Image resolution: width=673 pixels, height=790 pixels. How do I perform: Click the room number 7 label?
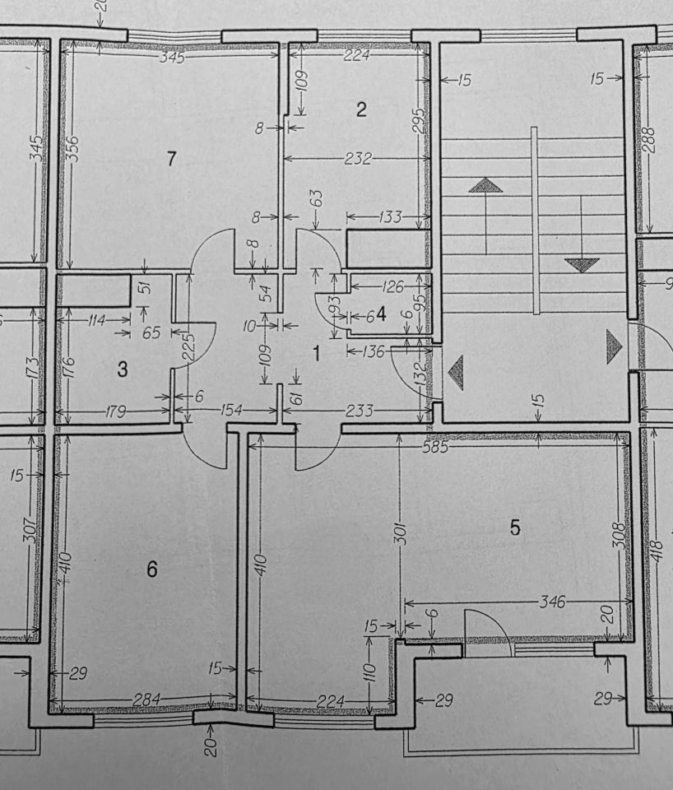[x=171, y=159]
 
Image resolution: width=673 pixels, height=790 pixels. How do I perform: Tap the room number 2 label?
[x=360, y=109]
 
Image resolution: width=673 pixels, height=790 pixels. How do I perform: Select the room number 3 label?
[x=122, y=369]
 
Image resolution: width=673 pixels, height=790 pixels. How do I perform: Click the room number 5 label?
[x=515, y=527]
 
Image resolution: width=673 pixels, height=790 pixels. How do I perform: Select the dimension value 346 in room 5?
[x=553, y=602]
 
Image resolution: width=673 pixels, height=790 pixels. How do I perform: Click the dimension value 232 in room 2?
[x=357, y=158]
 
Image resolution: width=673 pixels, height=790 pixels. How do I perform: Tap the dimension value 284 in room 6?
[x=147, y=700]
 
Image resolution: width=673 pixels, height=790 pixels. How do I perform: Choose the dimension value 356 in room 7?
[x=72, y=147]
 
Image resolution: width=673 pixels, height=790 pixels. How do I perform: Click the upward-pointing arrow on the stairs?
[x=485, y=185]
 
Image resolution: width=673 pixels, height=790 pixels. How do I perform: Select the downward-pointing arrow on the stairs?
[x=582, y=265]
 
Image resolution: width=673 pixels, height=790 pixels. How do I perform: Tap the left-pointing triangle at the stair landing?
[x=455, y=373]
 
